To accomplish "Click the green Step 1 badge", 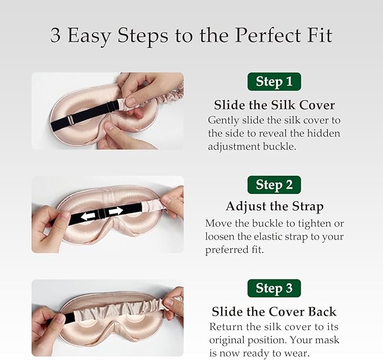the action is click(x=274, y=82).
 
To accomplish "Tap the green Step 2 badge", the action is click(x=274, y=185).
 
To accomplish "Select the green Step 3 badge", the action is click(x=274, y=288).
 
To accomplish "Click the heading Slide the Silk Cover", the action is click(x=274, y=105).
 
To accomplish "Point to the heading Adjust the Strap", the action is click(x=275, y=207).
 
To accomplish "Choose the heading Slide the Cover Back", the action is click(x=274, y=312).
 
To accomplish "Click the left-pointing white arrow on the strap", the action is click(x=88, y=216).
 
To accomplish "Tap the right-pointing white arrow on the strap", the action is click(x=116, y=211).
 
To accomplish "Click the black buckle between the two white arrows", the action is click(x=102, y=214).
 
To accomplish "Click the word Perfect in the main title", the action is click(x=268, y=35).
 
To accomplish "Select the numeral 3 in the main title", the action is click(x=55, y=35).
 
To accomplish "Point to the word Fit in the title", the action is click(x=320, y=35).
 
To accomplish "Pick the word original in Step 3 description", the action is click(x=227, y=340).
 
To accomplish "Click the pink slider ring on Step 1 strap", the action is click(x=71, y=119).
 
